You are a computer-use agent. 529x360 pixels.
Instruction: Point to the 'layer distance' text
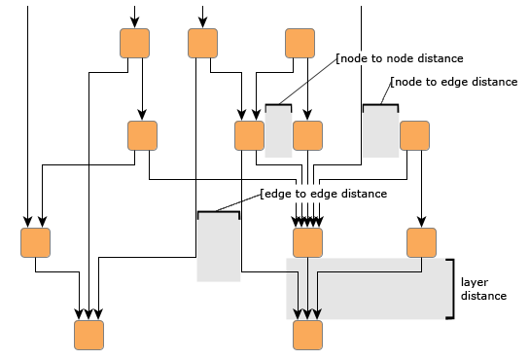click(x=483, y=288)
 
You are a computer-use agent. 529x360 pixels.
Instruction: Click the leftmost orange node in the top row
click(x=134, y=43)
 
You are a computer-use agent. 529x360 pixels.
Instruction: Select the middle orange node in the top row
click(x=202, y=43)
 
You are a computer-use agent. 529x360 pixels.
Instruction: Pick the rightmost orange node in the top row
click(x=300, y=43)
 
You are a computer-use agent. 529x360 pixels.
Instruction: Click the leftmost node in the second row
click(x=143, y=135)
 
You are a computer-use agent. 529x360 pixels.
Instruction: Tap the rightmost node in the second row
click(x=415, y=135)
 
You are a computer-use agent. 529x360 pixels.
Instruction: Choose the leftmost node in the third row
click(x=36, y=241)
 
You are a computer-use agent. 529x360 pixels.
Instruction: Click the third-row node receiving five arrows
click(x=308, y=241)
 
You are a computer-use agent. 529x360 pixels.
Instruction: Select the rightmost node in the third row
click(x=421, y=241)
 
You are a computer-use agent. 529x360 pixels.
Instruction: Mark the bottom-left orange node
click(x=89, y=334)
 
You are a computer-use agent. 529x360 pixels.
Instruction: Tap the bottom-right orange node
click(x=308, y=334)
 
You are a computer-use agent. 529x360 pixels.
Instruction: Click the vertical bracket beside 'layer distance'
click(x=450, y=288)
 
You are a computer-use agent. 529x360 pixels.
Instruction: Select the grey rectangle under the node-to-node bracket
click(x=279, y=132)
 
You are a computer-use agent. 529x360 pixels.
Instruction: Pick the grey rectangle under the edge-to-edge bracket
click(x=218, y=249)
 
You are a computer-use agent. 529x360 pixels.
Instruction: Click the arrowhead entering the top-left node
click(x=134, y=22)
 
